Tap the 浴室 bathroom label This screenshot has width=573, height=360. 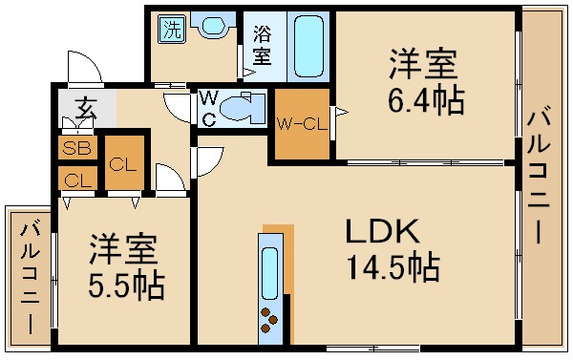point(261,45)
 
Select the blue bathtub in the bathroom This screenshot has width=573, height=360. point(307,45)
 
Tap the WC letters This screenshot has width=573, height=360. point(207,108)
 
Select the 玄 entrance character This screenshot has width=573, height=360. point(86,107)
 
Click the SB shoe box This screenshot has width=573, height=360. point(73,149)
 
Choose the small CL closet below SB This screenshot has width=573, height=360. point(73,178)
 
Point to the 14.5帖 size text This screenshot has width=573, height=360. point(393,267)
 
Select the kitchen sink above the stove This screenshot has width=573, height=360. point(270,272)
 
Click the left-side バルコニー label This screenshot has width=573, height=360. point(30,277)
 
